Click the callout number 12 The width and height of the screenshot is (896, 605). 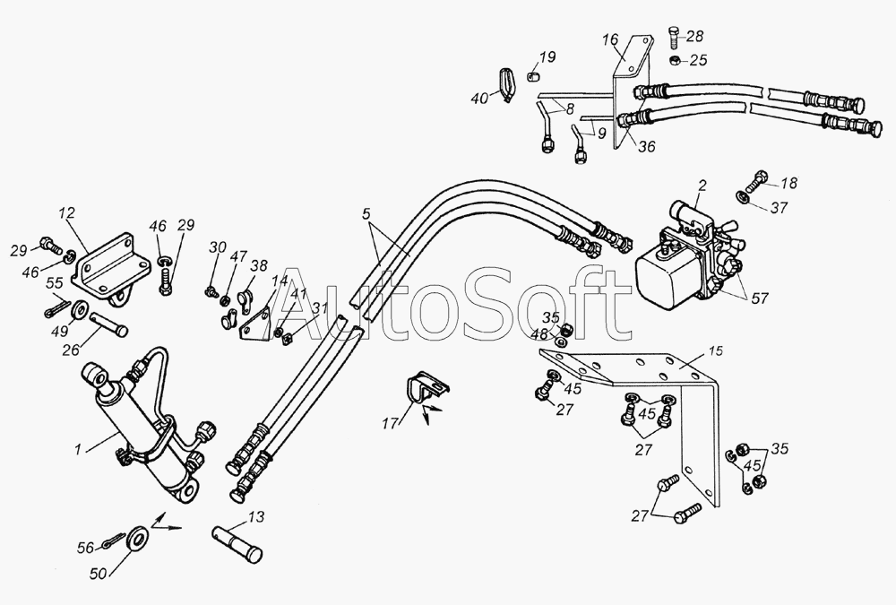[67, 214]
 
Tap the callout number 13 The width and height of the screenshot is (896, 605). [256, 517]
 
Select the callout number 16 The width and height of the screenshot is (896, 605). [610, 39]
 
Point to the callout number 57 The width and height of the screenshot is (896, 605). [760, 298]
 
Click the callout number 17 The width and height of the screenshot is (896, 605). [391, 424]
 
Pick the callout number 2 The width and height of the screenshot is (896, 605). [702, 186]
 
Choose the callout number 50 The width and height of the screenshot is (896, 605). [99, 573]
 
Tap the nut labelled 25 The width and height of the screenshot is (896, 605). [675, 60]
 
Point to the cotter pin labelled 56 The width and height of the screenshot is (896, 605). [114, 541]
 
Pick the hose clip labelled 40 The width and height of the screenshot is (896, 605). [505, 84]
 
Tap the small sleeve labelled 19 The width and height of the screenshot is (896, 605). [532, 76]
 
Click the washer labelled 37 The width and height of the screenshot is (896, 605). [744, 197]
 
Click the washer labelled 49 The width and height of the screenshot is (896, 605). [80, 309]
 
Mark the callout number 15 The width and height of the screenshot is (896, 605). [715, 351]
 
